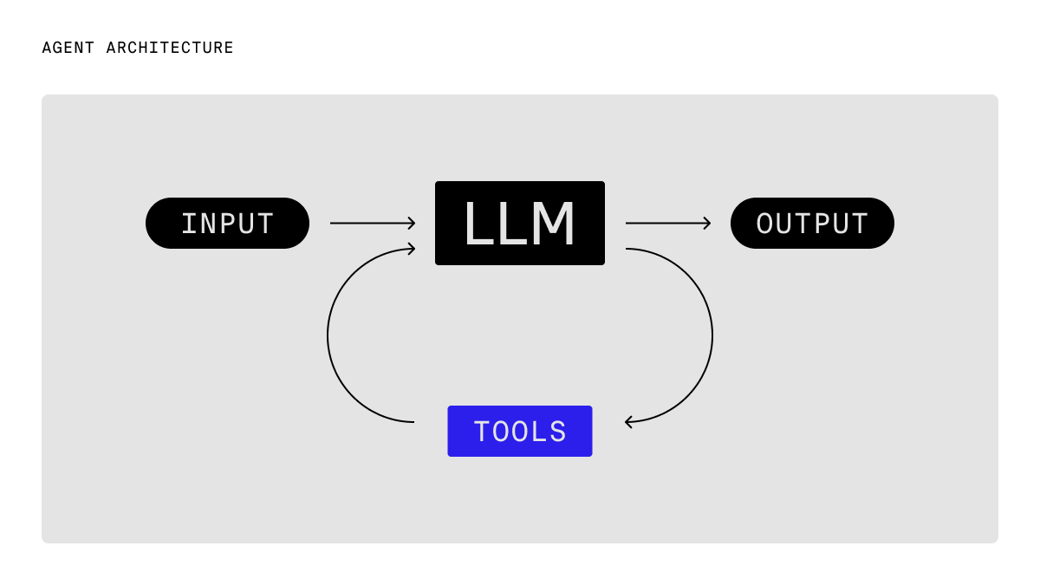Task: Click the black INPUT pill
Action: click(x=227, y=224)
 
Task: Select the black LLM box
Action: click(x=520, y=224)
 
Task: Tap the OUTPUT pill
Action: click(x=812, y=224)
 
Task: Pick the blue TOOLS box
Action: click(x=520, y=431)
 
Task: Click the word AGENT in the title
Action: click(x=68, y=48)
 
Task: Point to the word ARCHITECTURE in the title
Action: click(x=170, y=48)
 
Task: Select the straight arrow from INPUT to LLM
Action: click(x=371, y=224)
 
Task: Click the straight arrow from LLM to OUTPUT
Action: click(x=666, y=224)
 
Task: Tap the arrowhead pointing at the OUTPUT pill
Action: click(x=707, y=224)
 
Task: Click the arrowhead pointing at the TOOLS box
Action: click(x=628, y=422)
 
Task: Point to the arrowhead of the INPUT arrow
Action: click(x=412, y=224)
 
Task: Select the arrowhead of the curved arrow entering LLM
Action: click(x=412, y=249)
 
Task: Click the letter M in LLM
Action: click(x=553, y=224)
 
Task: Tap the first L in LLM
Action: click(x=476, y=224)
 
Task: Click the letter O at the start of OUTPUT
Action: click(x=764, y=224)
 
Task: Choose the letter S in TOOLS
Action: click(x=557, y=432)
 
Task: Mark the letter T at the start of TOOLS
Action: click(x=482, y=432)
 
